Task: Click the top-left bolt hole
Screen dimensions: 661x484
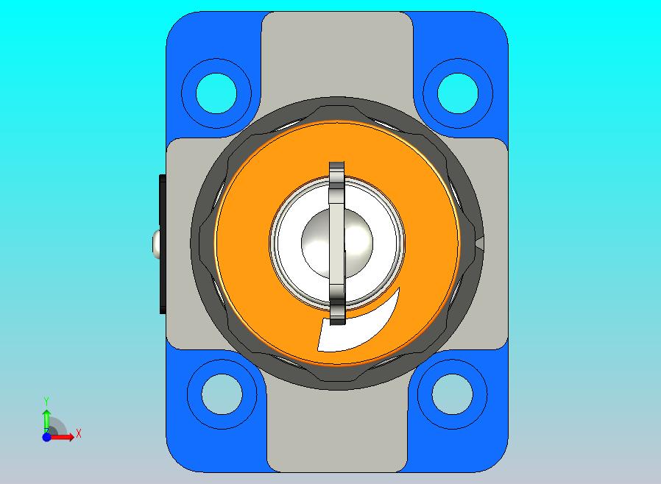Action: pos(216,93)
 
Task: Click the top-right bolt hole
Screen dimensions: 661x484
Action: pos(458,93)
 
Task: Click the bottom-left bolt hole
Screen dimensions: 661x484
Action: pos(222,394)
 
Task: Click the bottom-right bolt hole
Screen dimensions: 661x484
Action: pos(453,394)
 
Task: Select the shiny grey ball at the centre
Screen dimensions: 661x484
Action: pos(337,243)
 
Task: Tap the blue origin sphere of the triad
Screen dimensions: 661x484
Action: pos(46,437)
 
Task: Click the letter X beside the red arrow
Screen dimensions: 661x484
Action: pos(79,433)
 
